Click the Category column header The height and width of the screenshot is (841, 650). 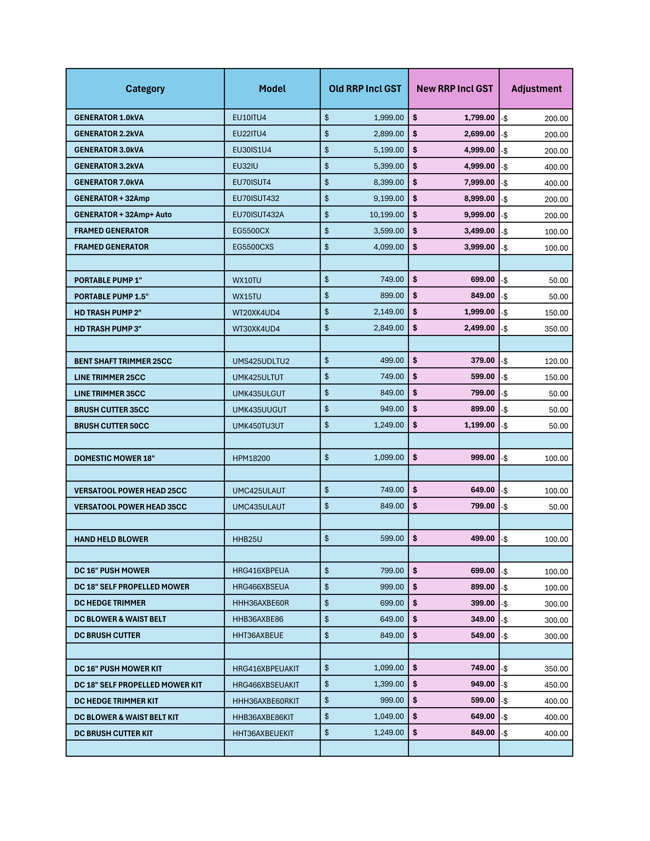[x=145, y=89]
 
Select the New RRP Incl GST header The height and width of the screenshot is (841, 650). [x=454, y=89]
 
